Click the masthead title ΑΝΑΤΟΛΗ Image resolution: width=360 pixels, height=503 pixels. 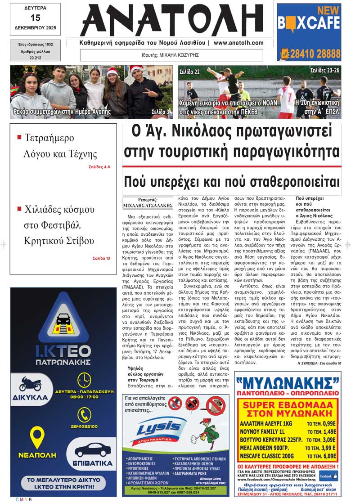pyautogui.click(x=171, y=20)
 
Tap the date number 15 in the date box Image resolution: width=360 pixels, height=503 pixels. pyautogui.click(x=36, y=18)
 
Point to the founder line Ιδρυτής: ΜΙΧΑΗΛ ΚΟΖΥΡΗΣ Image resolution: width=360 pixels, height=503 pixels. pyautogui.click(x=173, y=55)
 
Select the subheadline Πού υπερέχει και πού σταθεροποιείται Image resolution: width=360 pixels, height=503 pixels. pyautogui.click(x=232, y=183)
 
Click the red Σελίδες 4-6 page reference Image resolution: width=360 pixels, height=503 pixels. pyautogui.click(x=99, y=167)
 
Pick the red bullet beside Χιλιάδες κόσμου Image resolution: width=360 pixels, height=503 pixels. pyautogui.click(x=19, y=209)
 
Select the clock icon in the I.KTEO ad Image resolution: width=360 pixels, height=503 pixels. pyautogui.click(x=84, y=380)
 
